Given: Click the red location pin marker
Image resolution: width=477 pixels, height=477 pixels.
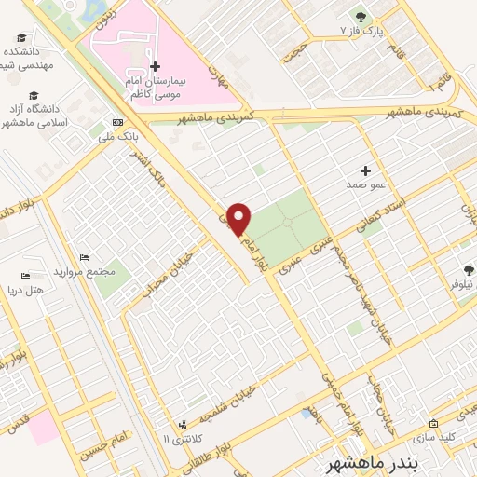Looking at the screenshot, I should tap(239, 219).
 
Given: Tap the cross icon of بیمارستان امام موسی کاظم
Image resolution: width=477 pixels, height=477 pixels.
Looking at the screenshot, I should tap(155, 67).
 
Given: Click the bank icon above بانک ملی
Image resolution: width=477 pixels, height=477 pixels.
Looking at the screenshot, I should tap(117, 123).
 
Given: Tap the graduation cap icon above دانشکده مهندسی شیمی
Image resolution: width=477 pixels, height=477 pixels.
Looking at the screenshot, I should tap(21, 37).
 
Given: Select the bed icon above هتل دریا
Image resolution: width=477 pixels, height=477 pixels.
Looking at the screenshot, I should tap(25, 277).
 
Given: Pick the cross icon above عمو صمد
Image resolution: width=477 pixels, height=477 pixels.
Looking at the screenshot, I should tap(366, 171).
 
